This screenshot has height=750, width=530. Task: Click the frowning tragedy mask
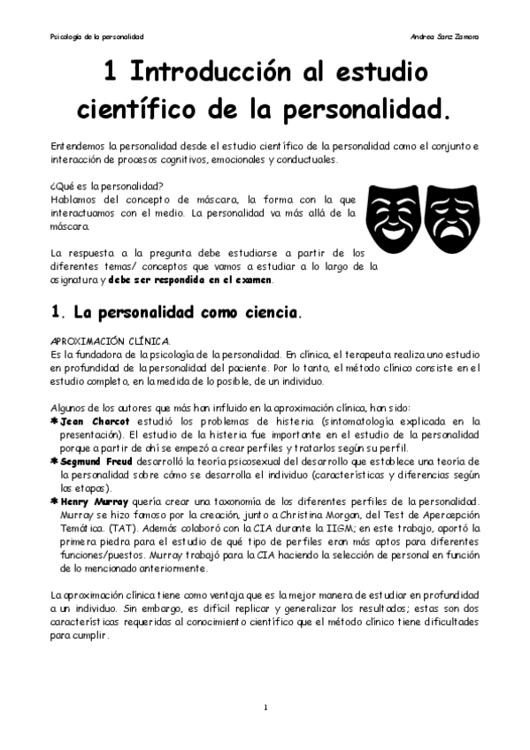tap(452, 218)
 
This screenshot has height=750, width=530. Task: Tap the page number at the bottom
tap(265, 708)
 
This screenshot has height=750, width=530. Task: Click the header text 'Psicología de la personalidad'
tap(96, 37)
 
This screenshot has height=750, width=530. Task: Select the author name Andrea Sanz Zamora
tap(446, 37)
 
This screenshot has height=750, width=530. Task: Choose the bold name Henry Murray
tap(94, 501)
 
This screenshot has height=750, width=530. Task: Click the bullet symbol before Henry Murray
tap(55, 501)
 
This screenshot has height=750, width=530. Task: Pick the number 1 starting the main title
tap(110, 71)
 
